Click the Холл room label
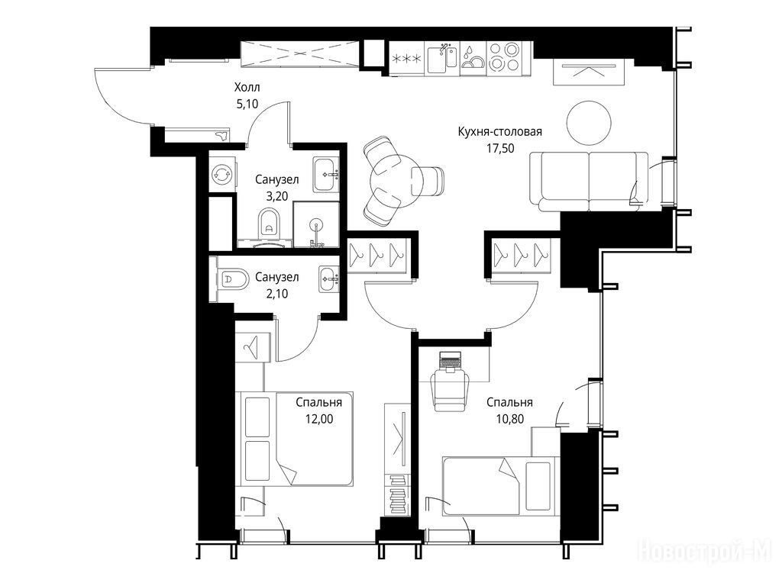coord(247,88)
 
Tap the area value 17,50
coord(499,149)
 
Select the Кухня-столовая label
coord(499,132)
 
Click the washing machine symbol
coord(220,175)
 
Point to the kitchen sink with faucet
coord(441,59)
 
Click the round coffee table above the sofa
coord(589,123)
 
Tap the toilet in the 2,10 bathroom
coord(232,279)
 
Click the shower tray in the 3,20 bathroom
coord(316,224)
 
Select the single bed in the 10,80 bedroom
coord(499,486)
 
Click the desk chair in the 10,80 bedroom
coord(451,386)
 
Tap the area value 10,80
coord(509,419)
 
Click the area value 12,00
coord(319,419)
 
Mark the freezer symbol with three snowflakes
coord(407,59)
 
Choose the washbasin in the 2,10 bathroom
coord(329,279)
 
